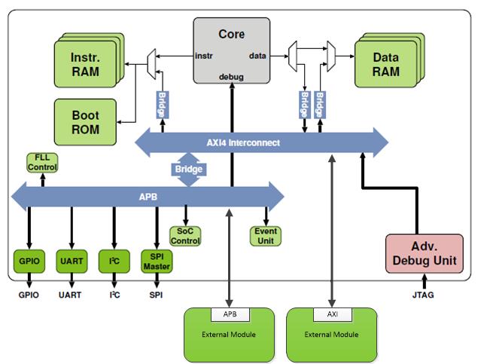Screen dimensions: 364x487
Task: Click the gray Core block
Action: (231, 49)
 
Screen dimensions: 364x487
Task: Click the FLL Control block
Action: (41, 161)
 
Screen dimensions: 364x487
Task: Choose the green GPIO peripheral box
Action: (29, 261)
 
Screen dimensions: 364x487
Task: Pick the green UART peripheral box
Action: (72, 261)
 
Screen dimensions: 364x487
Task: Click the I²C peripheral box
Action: (114, 261)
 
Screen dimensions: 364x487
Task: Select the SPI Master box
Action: (157, 261)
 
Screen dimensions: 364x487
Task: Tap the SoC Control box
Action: (185, 236)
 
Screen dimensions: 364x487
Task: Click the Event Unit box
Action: (266, 236)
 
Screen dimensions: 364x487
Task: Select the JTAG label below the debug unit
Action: (423, 295)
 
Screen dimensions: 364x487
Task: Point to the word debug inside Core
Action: (231, 76)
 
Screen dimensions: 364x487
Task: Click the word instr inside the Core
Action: (203, 56)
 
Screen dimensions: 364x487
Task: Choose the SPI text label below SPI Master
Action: (156, 295)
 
